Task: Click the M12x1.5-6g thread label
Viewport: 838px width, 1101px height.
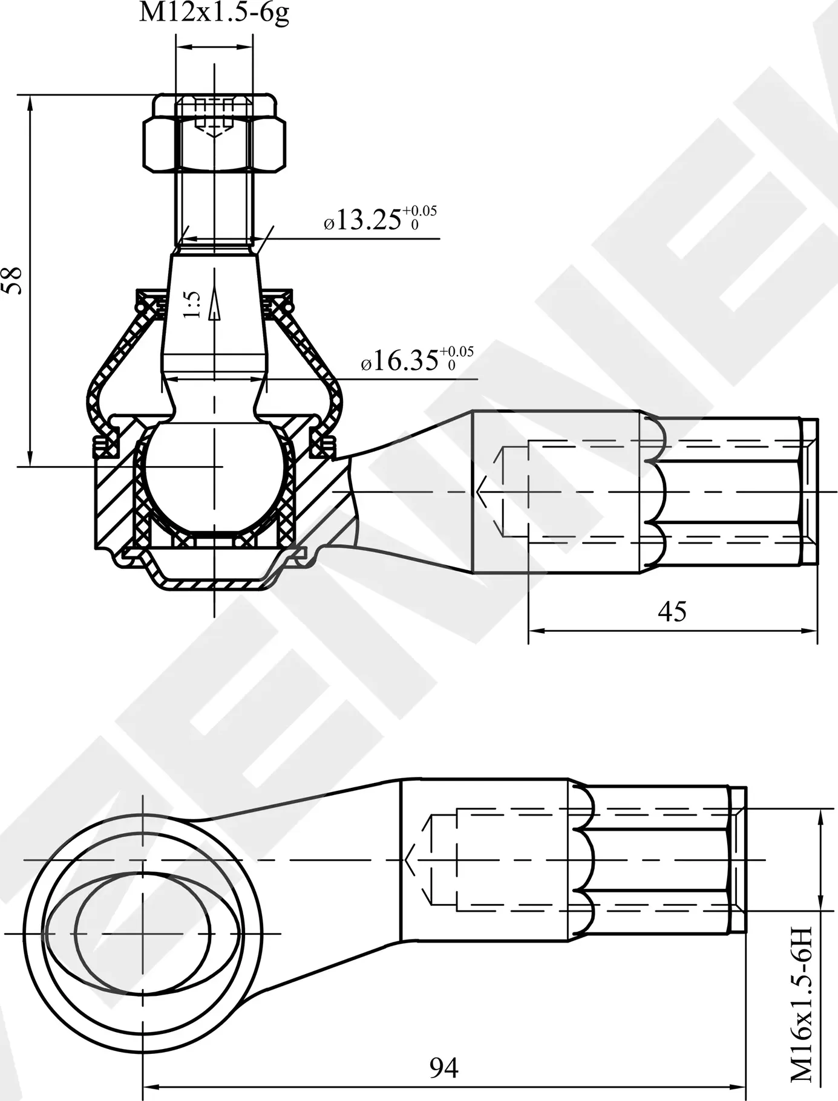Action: pos(214,13)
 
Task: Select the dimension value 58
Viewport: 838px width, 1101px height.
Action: pos(13,281)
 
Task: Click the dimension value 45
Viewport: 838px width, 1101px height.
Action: pos(672,612)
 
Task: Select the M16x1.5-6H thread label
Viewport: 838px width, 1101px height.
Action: pos(802,1009)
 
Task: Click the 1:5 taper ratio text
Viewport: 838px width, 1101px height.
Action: pos(192,305)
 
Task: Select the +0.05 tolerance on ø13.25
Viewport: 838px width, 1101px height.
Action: pos(419,211)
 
